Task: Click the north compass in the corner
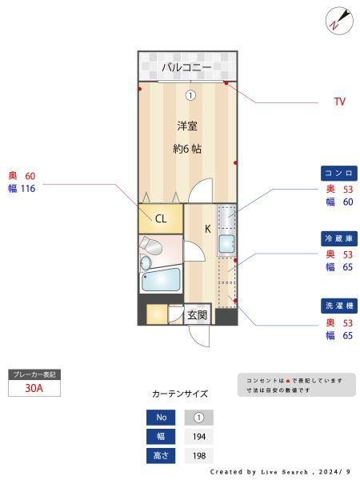click(339, 21)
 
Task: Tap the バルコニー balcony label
click(186, 67)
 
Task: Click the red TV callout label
click(340, 102)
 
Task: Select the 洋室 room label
click(187, 126)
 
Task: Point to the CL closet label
click(161, 218)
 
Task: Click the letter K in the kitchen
click(207, 229)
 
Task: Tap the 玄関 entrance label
click(198, 314)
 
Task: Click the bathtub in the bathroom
click(161, 279)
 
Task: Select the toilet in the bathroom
click(150, 245)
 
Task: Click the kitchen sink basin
click(226, 244)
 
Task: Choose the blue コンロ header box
click(339, 174)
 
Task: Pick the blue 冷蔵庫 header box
click(339, 238)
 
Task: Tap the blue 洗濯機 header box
click(339, 306)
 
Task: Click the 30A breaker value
click(34, 388)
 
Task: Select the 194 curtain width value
click(199, 437)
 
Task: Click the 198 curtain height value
click(199, 456)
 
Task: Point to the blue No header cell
click(161, 418)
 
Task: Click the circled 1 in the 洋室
click(190, 95)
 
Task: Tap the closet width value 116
click(28, 189)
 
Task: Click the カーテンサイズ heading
click(180, 394)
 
